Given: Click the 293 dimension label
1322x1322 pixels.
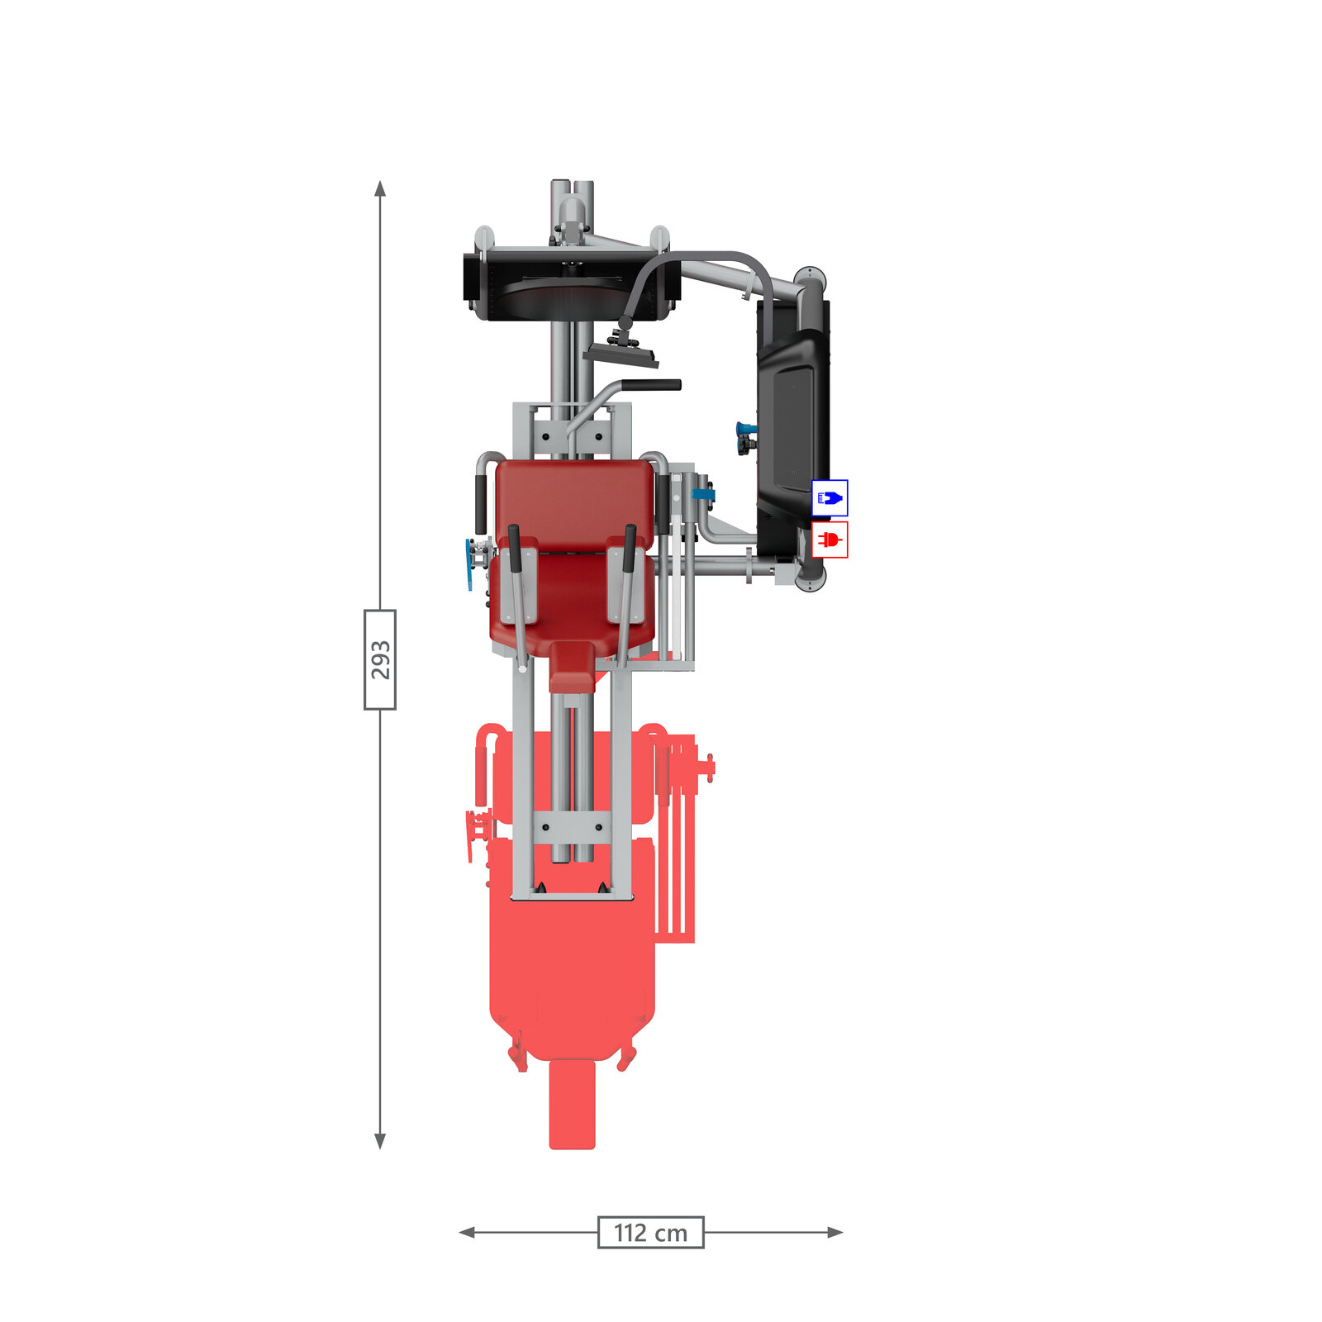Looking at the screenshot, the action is [x=380, y=659].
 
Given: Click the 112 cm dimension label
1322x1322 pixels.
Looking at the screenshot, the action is [x=651, y=1232].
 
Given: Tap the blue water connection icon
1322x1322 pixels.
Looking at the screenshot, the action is [x=830, y=498].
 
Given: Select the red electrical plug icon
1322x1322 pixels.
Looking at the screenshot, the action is [x=830, y=540].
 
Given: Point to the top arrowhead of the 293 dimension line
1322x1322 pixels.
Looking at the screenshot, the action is [x=380, y=188].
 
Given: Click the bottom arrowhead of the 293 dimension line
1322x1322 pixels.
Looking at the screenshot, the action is [x=380, y=1141].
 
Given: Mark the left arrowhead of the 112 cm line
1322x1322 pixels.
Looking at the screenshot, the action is [x=467, y=1232].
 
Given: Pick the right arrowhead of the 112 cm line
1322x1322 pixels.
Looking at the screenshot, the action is [x=835, y=1232].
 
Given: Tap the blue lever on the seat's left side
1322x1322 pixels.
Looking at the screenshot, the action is [x=471, y=564].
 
